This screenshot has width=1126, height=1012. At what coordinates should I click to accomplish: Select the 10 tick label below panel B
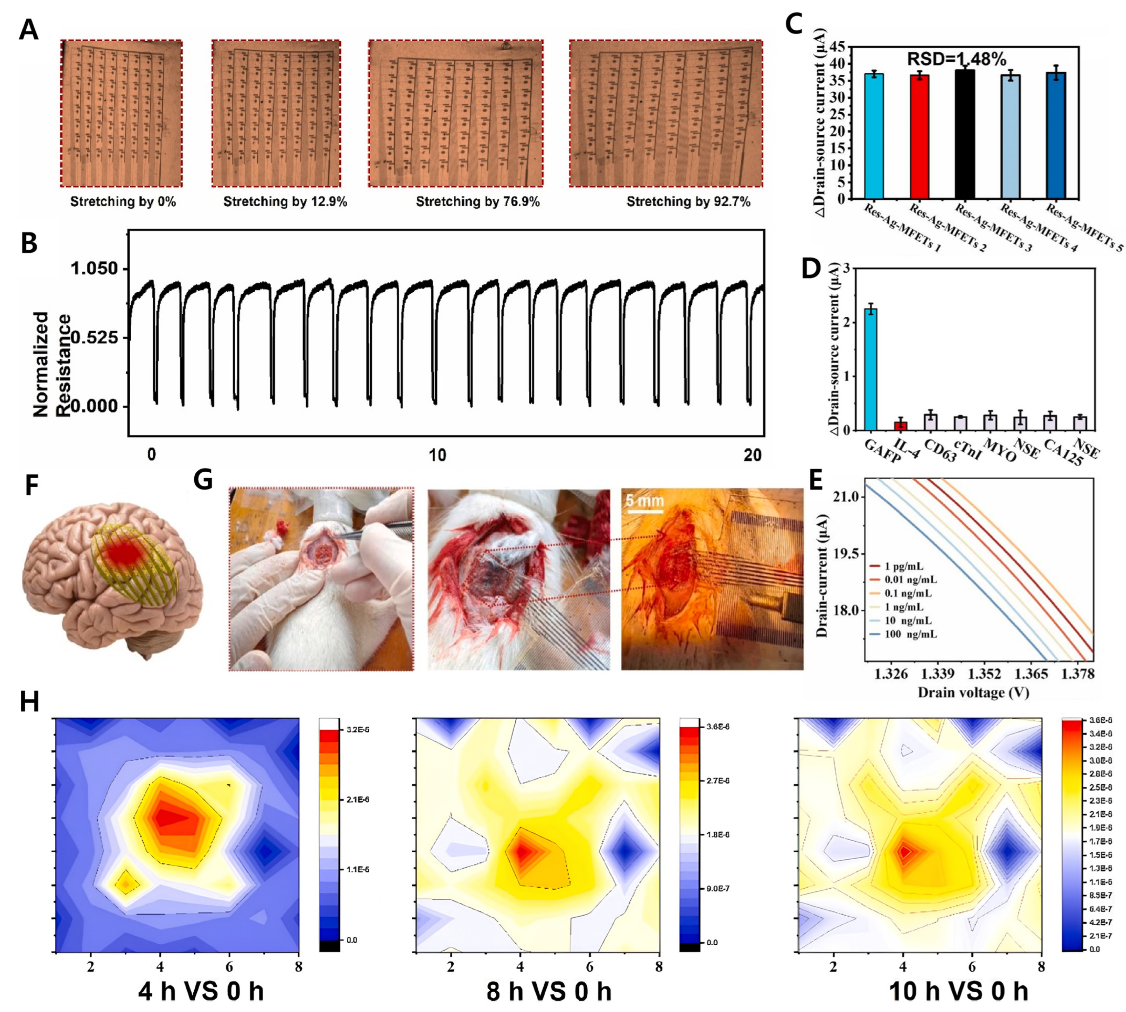pyautogui.click(x=437, y=455)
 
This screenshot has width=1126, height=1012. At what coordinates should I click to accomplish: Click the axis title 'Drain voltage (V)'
pyautogui.click(x=973, y=692)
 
